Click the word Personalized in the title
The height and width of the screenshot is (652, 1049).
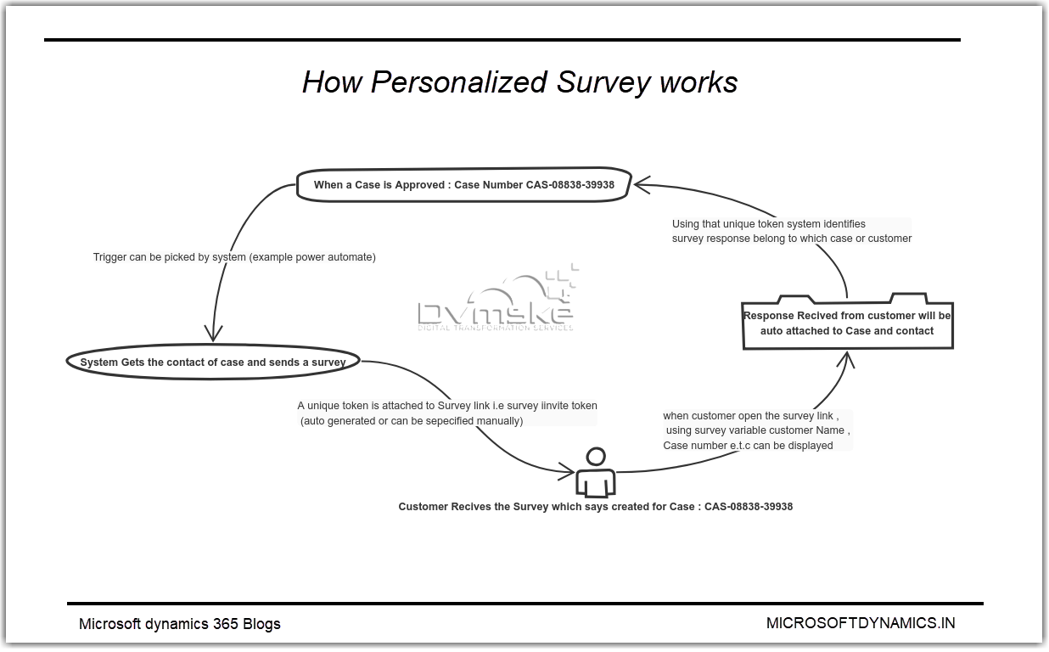point(459,82)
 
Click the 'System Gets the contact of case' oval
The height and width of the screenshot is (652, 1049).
point(212,362)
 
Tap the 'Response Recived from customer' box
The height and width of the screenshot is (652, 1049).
point(847,323)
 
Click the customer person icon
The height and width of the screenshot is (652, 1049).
point(596,473)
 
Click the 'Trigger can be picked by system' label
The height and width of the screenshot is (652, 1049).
point(234,256)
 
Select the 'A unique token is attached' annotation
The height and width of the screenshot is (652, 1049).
point(447,413)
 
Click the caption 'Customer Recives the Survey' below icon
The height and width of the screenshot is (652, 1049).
point(595,507)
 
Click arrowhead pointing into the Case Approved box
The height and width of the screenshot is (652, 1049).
point(642,183)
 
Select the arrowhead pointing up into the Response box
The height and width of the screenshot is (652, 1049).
point(845,359)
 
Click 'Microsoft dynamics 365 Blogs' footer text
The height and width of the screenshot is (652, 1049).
point(179,624)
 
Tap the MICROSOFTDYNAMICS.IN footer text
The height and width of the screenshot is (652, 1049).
point(860,623)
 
